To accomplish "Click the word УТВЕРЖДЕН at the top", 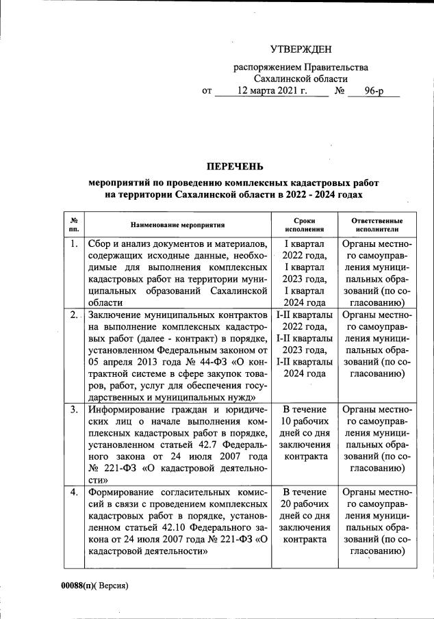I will (x=301, y=49).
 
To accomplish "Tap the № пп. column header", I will (x=74, y=225).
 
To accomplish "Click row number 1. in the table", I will (x=74, y=244).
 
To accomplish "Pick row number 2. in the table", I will (x=74, y=315).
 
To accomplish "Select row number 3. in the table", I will (x=74, y=410).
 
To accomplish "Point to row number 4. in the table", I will (x=74, y=493).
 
